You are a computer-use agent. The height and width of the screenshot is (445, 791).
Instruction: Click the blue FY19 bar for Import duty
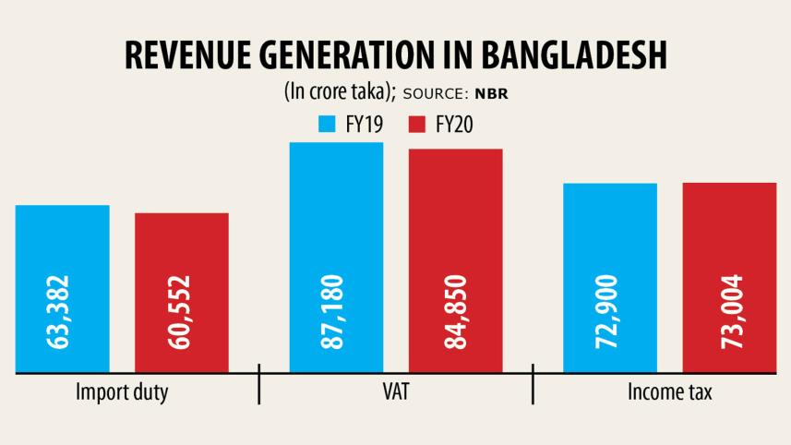(62, 240)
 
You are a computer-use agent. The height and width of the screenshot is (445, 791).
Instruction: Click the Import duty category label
(122, 393)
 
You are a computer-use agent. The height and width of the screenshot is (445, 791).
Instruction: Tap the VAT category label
(395, 392)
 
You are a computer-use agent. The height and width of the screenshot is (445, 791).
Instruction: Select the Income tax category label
(670, 392)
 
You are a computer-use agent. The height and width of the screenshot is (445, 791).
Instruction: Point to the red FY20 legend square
(414, 124)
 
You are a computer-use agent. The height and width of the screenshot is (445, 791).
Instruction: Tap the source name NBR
(489, 93)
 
